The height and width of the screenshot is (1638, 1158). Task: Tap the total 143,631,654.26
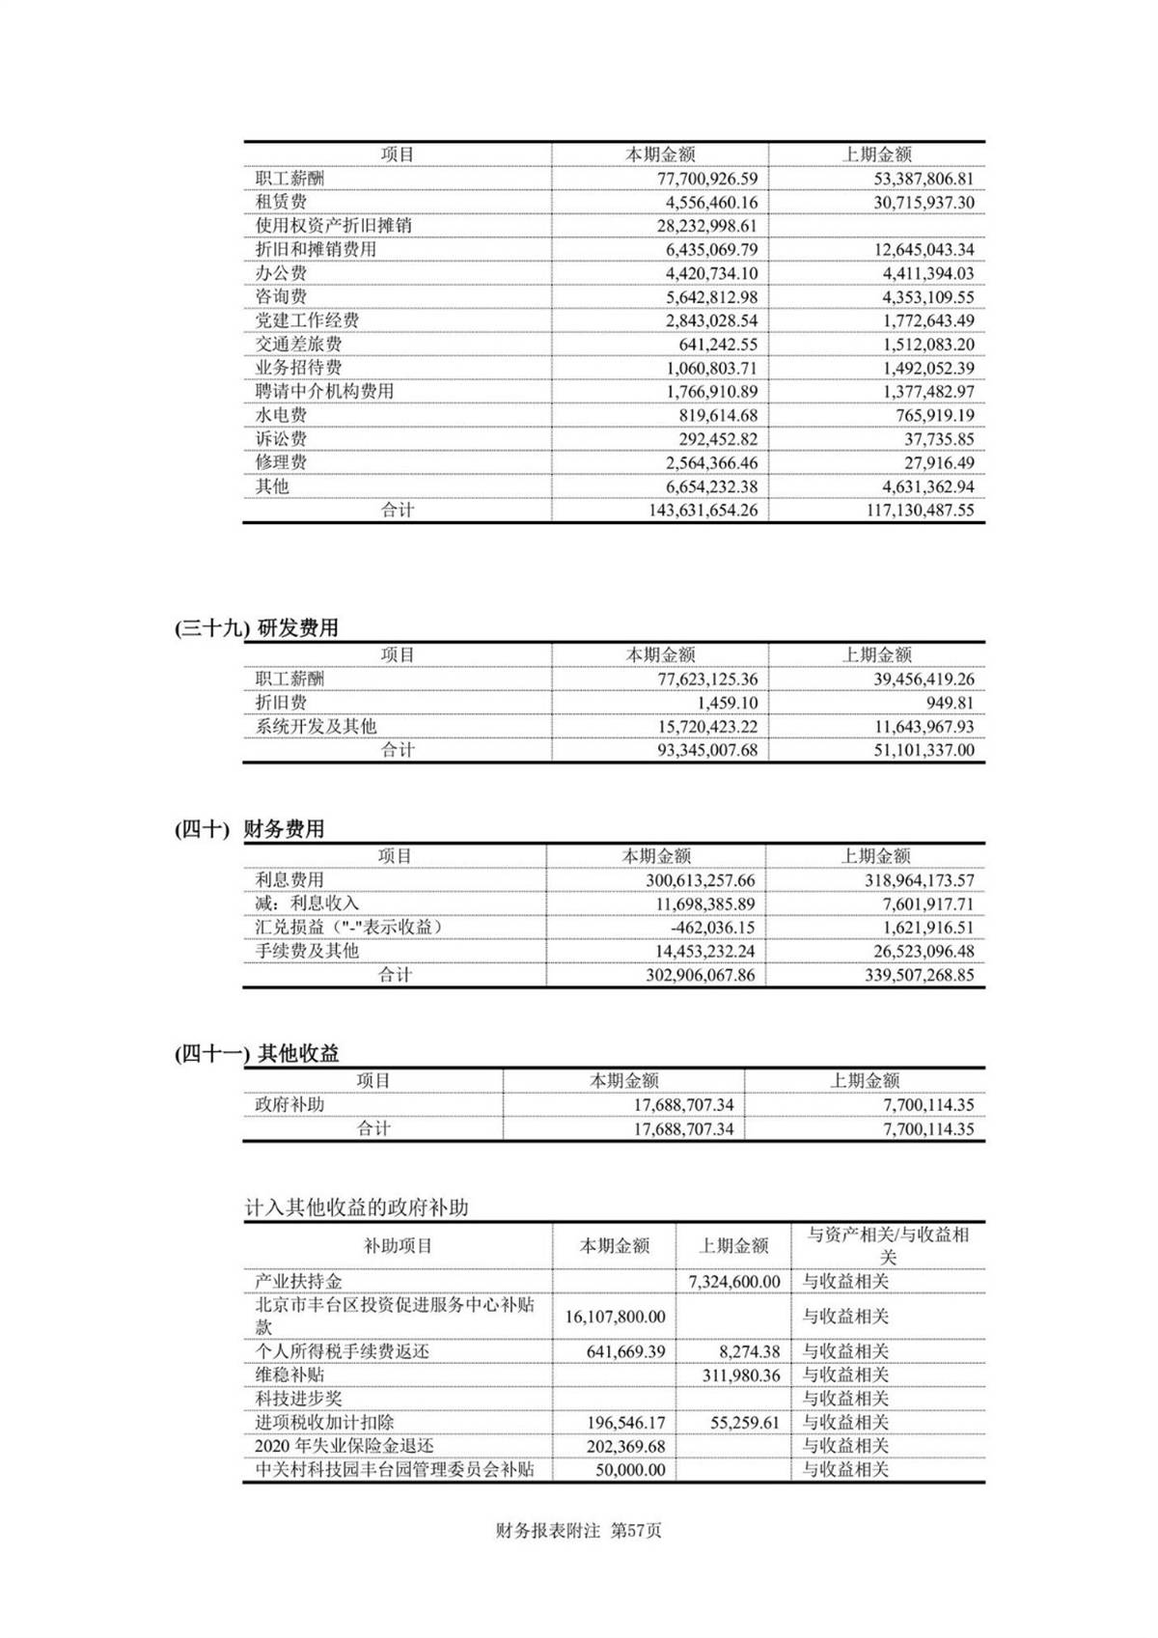click(x=703, y=511)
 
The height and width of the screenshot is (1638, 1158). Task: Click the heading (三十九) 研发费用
click(x=257, y=628)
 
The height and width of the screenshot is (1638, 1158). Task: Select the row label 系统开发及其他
click(x=316, y=727)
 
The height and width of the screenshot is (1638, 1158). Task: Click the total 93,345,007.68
click(x=707, y=750)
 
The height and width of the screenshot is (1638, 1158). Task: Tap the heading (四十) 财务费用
click(x=250, y=829)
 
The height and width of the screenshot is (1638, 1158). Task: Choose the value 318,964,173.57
click(x=920, y=880)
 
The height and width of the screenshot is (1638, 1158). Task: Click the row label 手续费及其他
click(x=307, y=951)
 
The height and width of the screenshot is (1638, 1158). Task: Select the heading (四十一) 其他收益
click(x=257, y=1054)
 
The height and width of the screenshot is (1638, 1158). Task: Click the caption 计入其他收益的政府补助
click(x=356, y=1208)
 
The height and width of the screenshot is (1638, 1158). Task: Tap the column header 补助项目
click(x=398, y=1246)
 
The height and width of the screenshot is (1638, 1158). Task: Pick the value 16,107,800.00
click(x=615, y=1317)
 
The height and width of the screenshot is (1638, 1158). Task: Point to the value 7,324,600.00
click(x=734, y=1282)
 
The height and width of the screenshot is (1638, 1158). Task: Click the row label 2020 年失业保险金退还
click(x=345, y=1446)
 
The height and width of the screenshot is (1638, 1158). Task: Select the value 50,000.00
click(x=630, y=1470)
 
